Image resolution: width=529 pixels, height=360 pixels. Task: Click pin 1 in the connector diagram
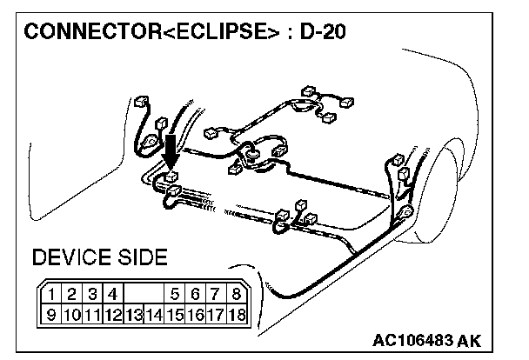pos(54,295)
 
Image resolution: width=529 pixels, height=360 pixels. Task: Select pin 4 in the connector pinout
pos(114,295)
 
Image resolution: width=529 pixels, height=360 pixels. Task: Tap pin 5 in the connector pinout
pos(176,295)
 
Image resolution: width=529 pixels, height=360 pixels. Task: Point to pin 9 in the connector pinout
pos(54,312)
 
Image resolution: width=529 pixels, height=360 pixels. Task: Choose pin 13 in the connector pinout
pos(134,312)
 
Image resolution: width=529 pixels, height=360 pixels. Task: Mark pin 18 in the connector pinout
pos(235,312)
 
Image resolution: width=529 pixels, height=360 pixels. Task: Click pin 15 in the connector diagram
pos(175,312)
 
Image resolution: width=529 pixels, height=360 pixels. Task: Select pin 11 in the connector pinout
pos(93,312)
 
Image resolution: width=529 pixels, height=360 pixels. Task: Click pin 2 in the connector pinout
pos(74,295)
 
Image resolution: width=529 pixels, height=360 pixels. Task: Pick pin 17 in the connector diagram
pos(215,312)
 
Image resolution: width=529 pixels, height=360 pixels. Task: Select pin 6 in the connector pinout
pos(196,295)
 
